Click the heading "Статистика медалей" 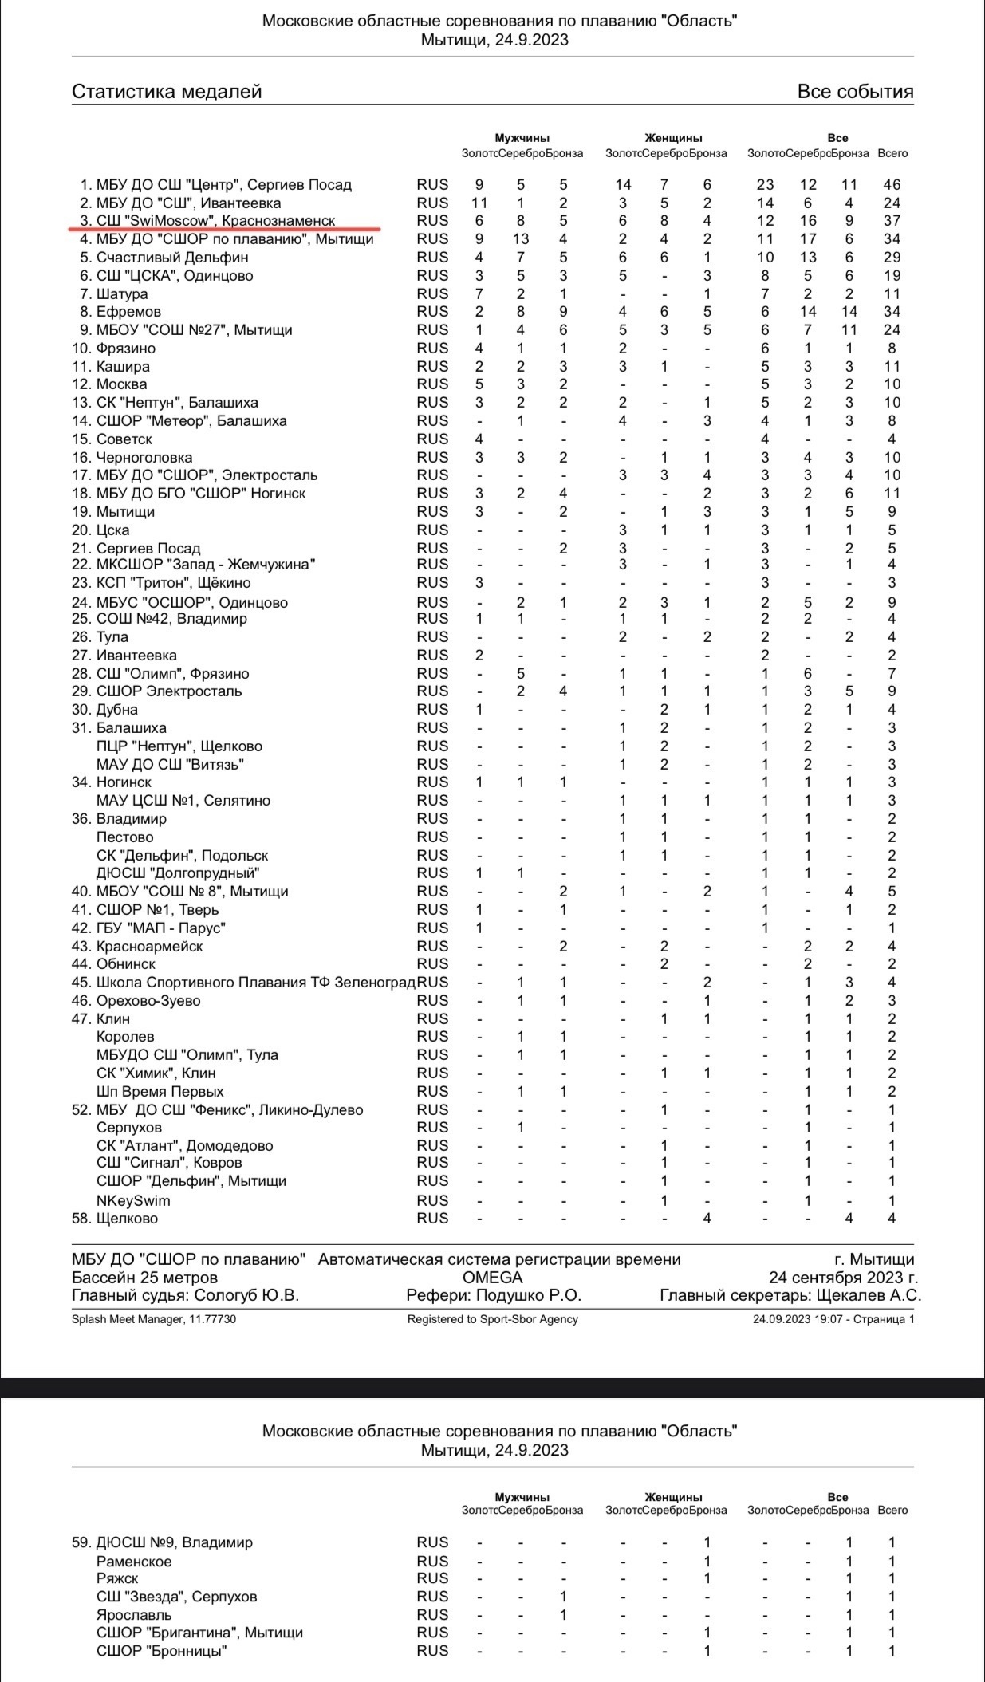click(x=167, y=92)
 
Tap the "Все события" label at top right click(x=855, y=92)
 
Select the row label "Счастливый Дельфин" click(x=172, y=258)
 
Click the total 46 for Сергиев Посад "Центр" click(x=892, y=184)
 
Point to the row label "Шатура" click(x=122, y=294)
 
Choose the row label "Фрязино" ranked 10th click(x=126, y=349)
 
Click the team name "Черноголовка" click(x=144, y=458)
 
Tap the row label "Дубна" click(x=117, y=710)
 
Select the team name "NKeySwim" click(x=133, y=1200)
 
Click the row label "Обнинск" click(x=126, y=964)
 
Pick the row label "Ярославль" click(x=134, y=1615)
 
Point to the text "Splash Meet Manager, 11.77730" click(x=154, y=1319)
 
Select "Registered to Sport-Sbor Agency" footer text click(x=492, y=1319)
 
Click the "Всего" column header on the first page click(x=892, y=153)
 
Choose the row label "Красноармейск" click(x=149, y=947)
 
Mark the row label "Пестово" click(x=124, y=837)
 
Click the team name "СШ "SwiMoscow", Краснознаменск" click(x=215, y=221)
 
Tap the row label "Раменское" click(x=134, y=1562)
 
